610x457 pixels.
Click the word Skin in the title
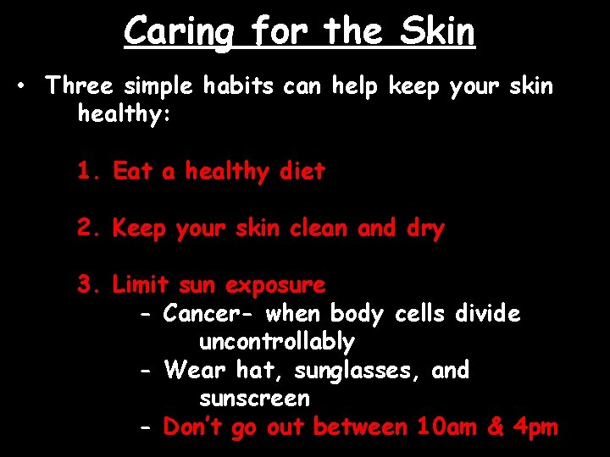pos(437,32)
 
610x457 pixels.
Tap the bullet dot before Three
pos(28,86)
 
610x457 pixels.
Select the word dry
pos(425,228)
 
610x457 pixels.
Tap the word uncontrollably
pos(276,342)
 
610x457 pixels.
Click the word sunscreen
pos(254,399)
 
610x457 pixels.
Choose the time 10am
pos(448,427)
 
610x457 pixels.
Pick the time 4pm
pos(535,428)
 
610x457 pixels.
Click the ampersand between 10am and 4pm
pos(496,427)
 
